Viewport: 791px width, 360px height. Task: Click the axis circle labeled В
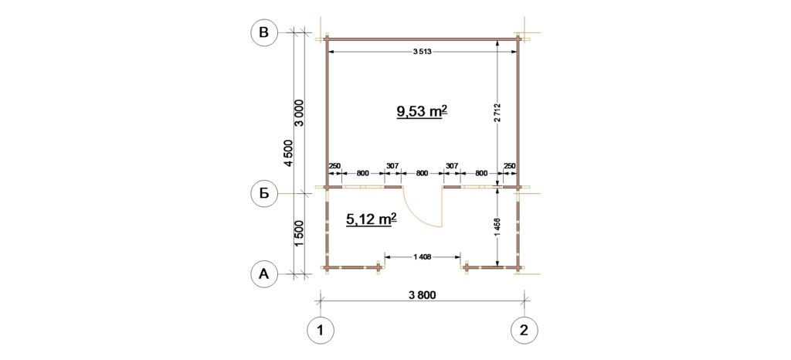264,32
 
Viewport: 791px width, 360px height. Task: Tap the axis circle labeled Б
264,193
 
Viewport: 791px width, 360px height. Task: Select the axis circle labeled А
264,273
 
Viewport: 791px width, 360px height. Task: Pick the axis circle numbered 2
525,331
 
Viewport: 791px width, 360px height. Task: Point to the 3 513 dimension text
423,52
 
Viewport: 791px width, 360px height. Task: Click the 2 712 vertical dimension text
498,113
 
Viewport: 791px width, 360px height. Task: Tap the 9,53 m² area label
423,111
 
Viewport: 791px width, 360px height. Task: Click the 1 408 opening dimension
422,257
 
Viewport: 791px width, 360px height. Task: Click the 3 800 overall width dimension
423,295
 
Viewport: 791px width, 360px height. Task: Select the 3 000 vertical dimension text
298,114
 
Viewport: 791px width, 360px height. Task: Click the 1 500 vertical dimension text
298,234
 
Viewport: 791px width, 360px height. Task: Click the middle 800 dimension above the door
423,173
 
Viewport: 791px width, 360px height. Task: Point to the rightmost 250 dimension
510,165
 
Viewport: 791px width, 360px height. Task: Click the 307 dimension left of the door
392,165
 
